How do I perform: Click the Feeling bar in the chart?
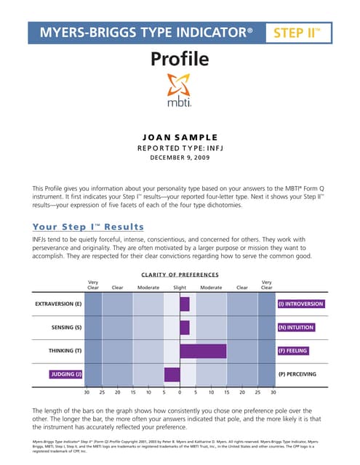click(x=203, y=351)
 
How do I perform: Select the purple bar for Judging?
click(x=172, y=374)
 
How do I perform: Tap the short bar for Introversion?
click(x=184, y=304)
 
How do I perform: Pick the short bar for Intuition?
click(x=184, y=327)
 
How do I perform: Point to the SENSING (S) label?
click(x=66, y=328)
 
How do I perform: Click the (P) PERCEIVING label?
click(x=301, y=374)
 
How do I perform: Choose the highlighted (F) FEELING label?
click(x=294, y=351)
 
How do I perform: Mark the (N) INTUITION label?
click(x=296, y=328)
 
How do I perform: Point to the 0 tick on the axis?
click(x=180, y=392)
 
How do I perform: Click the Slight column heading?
click(x=180, y=287)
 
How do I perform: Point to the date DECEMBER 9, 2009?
click(x=180, y=157)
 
